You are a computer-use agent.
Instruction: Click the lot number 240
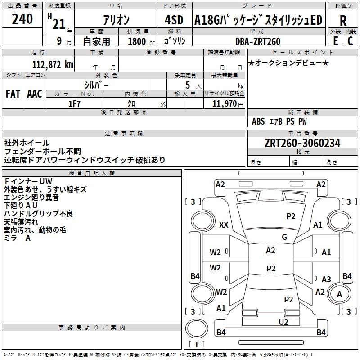[x=22, y=19]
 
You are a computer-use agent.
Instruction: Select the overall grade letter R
[x=343, y=21]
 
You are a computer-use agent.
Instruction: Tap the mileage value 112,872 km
[x=53, y=65]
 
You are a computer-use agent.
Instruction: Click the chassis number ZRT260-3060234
[x=302, y=143]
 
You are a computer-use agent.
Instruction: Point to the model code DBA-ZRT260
[x=258, y=41]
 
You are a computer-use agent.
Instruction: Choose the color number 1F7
[x=74, y=104]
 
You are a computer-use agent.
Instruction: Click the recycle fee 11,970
[x=224, y=104]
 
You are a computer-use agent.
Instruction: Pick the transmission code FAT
[x=13, y=94]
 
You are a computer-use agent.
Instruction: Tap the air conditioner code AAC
[x=35, y=94]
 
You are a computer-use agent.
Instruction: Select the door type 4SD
[x=174, y=20]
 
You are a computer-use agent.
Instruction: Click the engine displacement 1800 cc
[x=141, y=41]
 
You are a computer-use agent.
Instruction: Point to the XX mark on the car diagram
[x=224, y=225]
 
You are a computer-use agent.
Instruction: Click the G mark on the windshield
[x=284, y=237]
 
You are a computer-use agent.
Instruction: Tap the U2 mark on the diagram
[x=283, y=322]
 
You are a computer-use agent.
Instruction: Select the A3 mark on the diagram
[x=326, y=279]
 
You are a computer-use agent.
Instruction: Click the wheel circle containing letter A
[x=339, y=294]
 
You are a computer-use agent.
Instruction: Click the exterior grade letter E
[x=336, y=41]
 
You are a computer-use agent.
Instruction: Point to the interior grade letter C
[x=350, y=41]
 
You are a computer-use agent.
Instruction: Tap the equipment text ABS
[x=258, y=121]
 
